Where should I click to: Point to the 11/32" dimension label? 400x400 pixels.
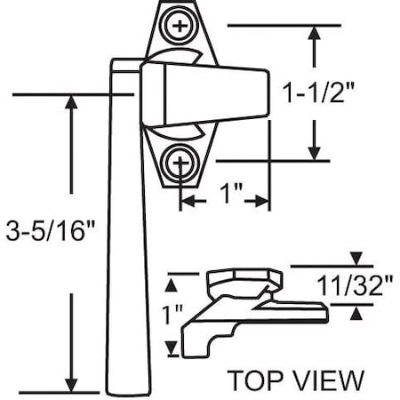[355, 286]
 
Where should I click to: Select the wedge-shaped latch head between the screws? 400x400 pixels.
[209, 95]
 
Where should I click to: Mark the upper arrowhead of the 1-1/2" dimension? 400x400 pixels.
[313, 33]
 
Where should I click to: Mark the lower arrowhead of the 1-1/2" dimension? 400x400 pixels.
[313, 153]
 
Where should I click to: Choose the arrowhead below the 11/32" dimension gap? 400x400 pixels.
[356, 312]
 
